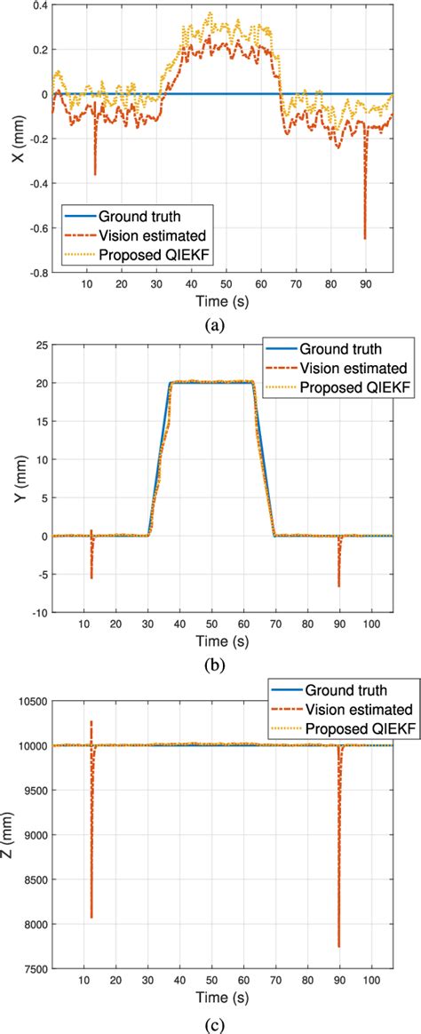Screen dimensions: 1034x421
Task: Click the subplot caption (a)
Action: click(x=214, y=325)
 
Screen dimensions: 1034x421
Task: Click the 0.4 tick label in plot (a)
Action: click(x=36, y=6)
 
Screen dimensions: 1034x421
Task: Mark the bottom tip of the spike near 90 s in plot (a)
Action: click(x=364, y=239)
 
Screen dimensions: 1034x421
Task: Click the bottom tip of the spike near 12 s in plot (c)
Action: click(x=91, y=917)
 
